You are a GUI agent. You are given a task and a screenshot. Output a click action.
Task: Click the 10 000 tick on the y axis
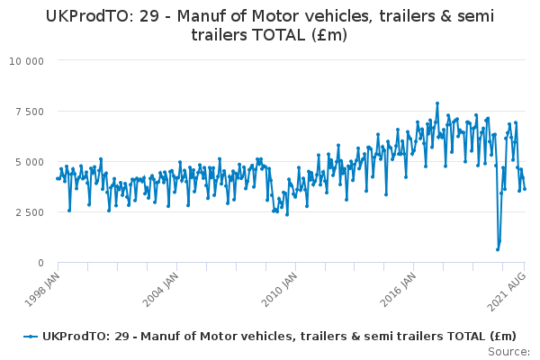click(x=27, y=61)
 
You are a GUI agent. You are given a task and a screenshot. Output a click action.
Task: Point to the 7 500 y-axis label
click(x=31, y=112)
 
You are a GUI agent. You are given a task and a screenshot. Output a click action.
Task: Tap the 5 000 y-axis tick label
click(x=31, y=162)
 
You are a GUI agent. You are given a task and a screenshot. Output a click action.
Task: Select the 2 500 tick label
click(x=31, y=212)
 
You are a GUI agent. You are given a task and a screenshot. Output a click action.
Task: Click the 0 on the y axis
click(x=41, y=263)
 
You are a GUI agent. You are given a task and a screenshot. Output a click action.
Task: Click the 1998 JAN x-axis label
click(x=43, y=288)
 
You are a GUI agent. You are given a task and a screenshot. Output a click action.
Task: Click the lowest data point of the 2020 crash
click(x=498, y=249)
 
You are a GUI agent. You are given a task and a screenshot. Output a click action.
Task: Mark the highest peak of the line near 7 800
click(x=437, y=103)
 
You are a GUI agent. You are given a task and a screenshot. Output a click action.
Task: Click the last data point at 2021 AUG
click(x=525, y=189)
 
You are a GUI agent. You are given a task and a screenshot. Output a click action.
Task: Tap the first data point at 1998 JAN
click(x=57, y=178)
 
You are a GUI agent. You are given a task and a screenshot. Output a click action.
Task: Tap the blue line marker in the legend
click(x=31, y=336)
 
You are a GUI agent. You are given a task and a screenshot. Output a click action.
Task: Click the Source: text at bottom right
click(x=509, y=351)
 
